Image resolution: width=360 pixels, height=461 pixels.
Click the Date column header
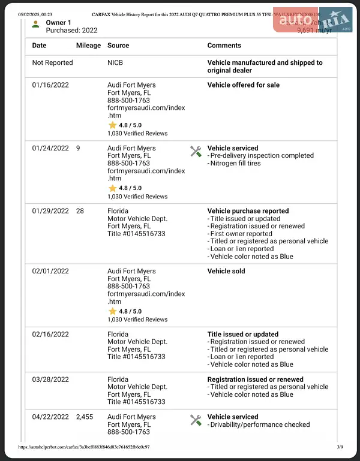coord(39,46)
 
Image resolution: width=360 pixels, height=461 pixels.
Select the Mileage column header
coord(89,46)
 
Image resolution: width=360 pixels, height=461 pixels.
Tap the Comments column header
coord(224,46)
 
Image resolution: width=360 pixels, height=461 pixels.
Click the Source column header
coord(118,46)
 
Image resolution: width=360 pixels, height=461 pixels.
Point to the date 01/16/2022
coord(50,85)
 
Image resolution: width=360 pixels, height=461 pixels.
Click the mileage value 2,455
coord(85,417)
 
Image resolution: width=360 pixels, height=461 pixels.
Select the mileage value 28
coord(80,211)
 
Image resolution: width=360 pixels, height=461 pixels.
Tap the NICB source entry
coord(115,62)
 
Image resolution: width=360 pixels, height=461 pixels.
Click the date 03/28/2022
coord(50,379)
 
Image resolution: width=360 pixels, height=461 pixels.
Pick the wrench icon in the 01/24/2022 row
coord(196,151)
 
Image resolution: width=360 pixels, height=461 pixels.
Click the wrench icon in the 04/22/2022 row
coord(196,420)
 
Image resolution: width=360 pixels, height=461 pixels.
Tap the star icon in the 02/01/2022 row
coord(112,312)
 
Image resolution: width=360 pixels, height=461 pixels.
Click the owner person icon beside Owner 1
coord(36,24)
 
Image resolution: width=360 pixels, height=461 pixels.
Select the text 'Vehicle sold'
coord(226,272)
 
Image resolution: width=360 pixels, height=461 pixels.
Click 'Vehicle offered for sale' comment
coord(243,85)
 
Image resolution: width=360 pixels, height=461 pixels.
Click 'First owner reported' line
coord(241,234)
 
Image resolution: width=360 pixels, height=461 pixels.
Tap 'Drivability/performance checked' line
coord(260,425)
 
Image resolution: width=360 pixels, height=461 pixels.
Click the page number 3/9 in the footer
coord(340,447)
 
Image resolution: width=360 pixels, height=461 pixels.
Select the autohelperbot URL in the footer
coord(83,447)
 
